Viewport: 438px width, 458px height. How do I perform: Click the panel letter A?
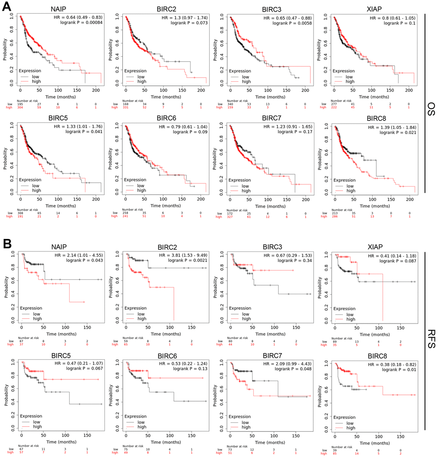point(7,6)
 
